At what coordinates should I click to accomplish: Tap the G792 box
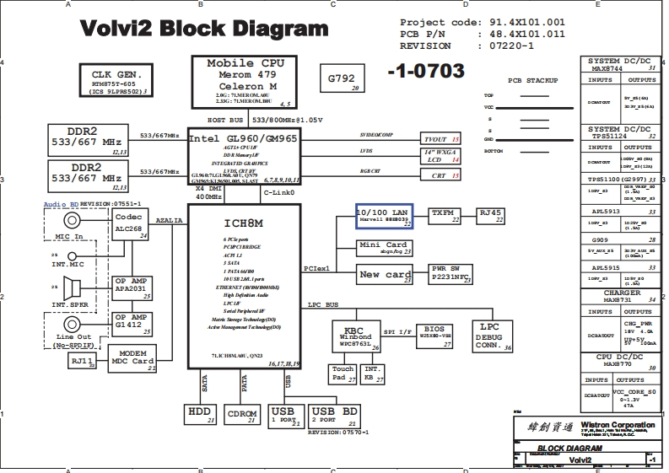(x=342, y=79)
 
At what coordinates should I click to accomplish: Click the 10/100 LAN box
(x=384, y=218)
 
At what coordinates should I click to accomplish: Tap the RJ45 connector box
(x=490, y=217)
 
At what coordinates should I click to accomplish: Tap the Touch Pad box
(x=343, y=374)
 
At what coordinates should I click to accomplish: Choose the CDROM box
(x=243, y=414)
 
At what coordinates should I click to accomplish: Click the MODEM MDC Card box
(x=133, y=358)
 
